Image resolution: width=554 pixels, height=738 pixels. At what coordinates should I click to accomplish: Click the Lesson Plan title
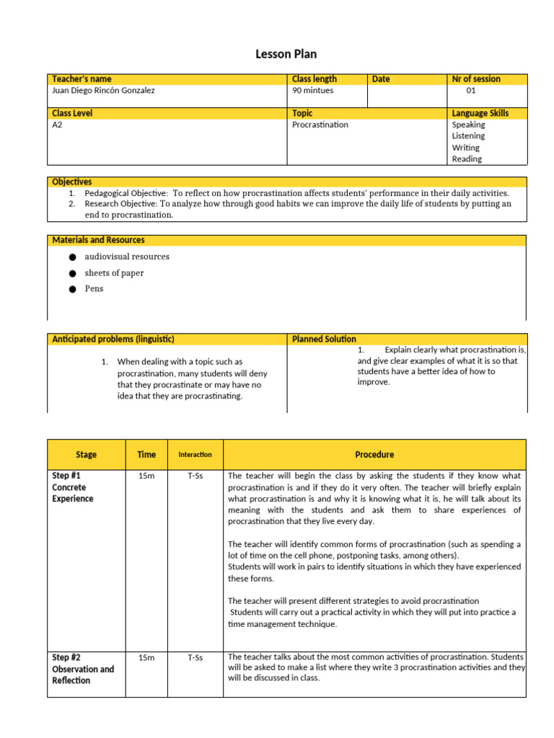point(286,54)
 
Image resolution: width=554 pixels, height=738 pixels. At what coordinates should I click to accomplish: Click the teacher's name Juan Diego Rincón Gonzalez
point(103,91)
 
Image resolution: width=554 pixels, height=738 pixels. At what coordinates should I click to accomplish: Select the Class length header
point(315,79)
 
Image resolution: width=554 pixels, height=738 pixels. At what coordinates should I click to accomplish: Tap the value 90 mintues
point(313,91)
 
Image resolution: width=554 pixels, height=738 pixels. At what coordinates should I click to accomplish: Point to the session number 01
point(471,91)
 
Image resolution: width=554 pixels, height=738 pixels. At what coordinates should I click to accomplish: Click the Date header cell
point(381,79)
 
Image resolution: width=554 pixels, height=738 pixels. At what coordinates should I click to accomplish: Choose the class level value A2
point(58,125)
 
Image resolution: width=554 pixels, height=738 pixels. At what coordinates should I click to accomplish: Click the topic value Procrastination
point(320,125)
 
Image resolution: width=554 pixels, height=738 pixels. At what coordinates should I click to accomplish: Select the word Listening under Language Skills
point(468,136)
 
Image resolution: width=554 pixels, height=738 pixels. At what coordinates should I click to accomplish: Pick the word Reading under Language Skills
point(467,159)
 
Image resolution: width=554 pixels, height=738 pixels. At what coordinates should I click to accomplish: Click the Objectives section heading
point(71,182)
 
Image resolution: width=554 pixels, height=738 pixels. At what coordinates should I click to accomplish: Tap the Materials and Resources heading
point(98,240)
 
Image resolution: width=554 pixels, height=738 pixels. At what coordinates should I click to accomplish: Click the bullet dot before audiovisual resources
point(72,257)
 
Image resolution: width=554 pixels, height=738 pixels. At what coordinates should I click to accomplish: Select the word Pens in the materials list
point(94,289)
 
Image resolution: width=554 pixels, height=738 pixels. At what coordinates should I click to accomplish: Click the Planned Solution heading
point(324,339)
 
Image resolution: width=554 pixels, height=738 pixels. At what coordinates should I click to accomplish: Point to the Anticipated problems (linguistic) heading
point(113,339)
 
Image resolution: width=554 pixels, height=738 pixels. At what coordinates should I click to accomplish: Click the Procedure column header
point(374,455)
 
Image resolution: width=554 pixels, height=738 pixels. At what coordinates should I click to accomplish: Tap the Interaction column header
point(195,455)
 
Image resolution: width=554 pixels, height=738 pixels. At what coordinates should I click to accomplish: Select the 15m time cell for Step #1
point(146,476)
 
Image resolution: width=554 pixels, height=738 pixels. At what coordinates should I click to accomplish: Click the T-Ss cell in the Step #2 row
point(195,658)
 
